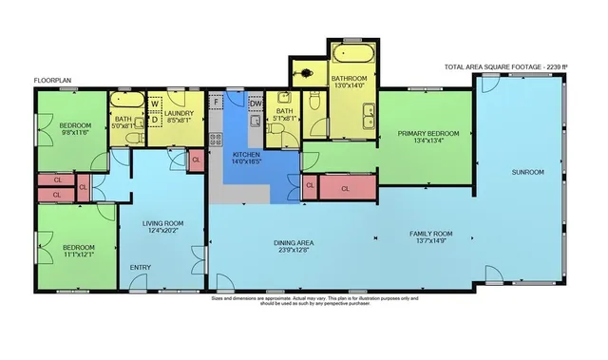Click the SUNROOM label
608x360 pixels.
click(528, 174)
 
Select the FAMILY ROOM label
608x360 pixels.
click(430, 233)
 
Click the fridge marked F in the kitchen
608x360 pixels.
click(218, 101)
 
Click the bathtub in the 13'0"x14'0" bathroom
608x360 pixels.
click(351, 47)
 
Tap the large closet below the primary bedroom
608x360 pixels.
click(344, 188)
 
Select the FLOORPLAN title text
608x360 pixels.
click(53, 81)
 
